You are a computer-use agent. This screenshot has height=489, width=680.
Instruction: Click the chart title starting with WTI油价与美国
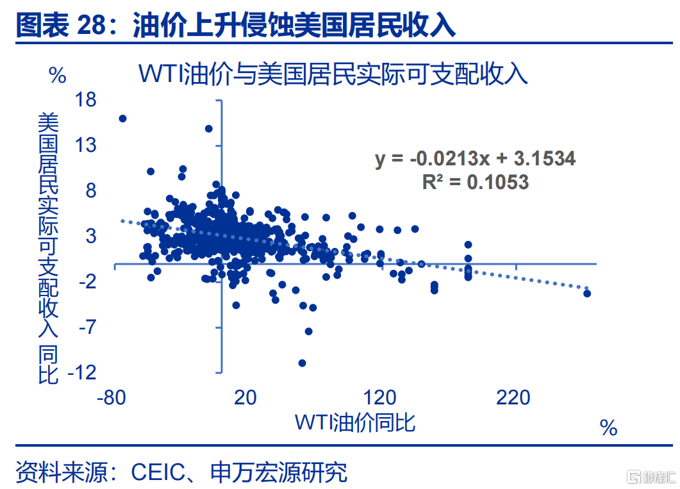(333, 74)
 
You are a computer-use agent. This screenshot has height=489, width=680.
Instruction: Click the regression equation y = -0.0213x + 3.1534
(476, 158)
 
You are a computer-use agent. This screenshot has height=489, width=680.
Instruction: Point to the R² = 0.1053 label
(476, 182)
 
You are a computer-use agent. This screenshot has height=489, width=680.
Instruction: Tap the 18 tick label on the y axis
(85, 100)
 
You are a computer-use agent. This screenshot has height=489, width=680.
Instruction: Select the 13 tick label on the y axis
(85, 145)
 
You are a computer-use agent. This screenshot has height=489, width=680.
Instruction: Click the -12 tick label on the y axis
(82, 372)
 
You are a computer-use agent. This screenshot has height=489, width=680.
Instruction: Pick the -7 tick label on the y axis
(87, 326)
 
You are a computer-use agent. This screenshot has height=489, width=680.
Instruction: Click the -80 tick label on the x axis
(112, 397)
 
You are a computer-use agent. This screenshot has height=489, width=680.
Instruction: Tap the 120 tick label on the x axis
(379, 397)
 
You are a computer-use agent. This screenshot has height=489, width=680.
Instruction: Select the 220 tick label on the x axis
(513, 397)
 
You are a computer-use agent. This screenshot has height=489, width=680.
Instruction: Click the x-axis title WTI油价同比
(355, 422)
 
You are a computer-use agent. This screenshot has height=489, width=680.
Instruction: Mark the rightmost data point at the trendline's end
(587, 294)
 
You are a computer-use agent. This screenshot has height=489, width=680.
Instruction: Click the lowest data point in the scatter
(303, 363)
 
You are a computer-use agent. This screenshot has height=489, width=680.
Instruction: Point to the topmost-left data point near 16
(122, 119)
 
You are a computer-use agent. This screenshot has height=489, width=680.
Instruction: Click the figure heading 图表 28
(61, 25)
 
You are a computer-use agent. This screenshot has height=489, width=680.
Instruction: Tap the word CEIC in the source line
(158, 472)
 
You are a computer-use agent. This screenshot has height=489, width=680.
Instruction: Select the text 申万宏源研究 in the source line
(279, 472)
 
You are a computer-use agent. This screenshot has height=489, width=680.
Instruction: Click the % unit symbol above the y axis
(58, 76)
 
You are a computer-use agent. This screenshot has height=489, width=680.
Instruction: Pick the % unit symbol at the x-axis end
(608, 428)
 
